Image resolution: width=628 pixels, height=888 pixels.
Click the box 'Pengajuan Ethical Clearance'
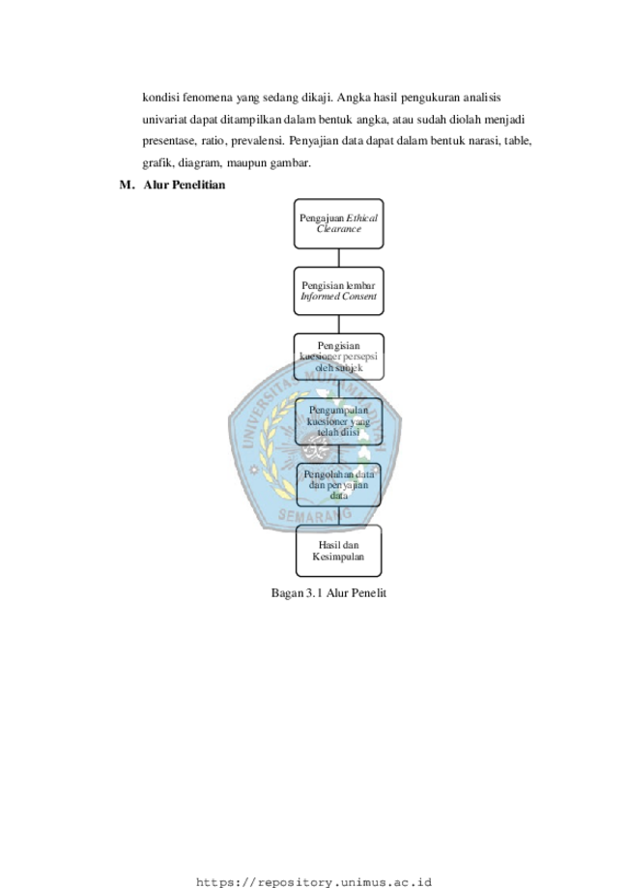pos(338,224)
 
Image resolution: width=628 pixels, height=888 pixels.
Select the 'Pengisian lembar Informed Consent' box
pos(338,291)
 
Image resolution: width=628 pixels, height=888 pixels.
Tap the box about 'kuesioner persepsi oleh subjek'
pos(338,357)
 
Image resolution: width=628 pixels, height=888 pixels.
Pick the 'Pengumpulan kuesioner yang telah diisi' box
pos(338,421)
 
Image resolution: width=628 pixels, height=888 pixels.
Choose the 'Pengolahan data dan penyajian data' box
pos(338,485)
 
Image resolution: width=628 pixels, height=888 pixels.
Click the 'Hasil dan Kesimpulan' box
pos(338,551)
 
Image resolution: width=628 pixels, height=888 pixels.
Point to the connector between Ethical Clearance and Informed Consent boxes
pos(338,258)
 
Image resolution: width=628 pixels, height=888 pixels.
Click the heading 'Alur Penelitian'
pos(184,185)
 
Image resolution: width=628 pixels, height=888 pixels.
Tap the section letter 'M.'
pos(127,185)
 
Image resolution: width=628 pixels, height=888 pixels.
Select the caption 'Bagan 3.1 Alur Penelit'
pos(328,593)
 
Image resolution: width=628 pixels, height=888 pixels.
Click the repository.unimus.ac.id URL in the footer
pos(314,882)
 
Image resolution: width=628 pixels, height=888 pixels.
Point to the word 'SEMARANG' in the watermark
pos(315,515)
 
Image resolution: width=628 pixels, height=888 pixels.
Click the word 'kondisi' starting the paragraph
pos(160,98)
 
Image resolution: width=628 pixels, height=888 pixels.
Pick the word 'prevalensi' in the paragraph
pos(257,141)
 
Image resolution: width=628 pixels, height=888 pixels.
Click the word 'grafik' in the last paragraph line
pos(158,163)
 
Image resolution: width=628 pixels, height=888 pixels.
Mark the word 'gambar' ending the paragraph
pos(291,163)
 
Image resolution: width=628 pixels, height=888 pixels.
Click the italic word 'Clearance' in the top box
pos(338,229)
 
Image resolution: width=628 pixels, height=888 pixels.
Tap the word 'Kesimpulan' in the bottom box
pos(338,557)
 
